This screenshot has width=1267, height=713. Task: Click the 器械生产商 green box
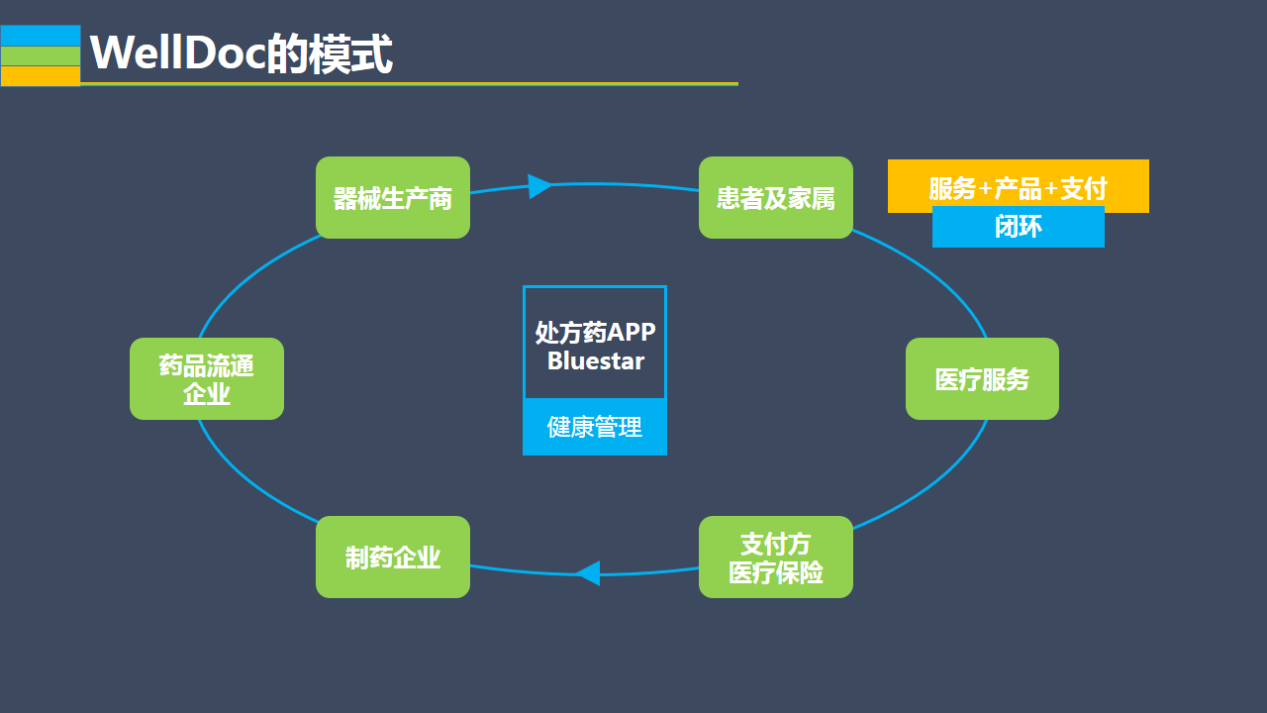pyautogui.click(x=393, y=198)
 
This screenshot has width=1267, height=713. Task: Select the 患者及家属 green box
pyautogui.click(x=776, y=198)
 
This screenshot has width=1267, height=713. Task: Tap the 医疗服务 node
pyautogui.click(x=982, y=379)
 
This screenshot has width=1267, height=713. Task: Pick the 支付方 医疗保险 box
pyautogui.click(x=776, y=558)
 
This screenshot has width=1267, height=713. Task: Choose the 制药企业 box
pyautogui.click(x=393, y=558)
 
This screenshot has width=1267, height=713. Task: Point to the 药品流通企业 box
pyautogui.click(x=207, y=379)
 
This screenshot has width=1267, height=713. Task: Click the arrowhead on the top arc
pyautogui.click(x=539, y=186)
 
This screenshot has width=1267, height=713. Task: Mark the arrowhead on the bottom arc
pyautogui.click(x=588, y=572)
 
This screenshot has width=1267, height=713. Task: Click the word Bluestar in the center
pyautogui.click(x=595, y=360)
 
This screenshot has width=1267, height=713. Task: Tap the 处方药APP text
pyautogui.click(x=595, y=332)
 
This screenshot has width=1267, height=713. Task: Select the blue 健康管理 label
pyautogui.click(x=595, y=427)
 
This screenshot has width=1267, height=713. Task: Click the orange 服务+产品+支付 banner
pyautogui.click(x=1018, y=186)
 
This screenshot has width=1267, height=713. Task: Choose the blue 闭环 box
pyautogui.click(x=1018, y=228)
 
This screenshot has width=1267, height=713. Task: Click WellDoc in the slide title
pyautogui.click(x=177, y=52)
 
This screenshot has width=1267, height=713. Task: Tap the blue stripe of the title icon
pyautogui.click(x=41, y=36)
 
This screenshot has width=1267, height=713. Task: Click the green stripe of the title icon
pyautogui.click(x=41, y=56)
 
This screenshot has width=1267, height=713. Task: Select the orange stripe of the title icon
pyautogui.click(x=41, y=76)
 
